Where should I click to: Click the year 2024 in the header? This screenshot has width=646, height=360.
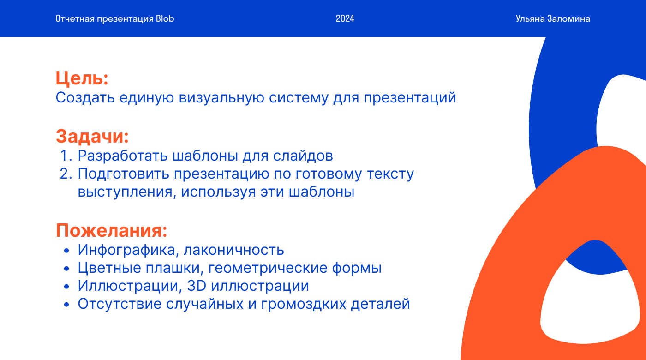[x=345, y=19]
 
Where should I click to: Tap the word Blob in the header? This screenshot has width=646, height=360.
[x=165, y=19]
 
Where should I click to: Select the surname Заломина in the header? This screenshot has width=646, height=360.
[x=568, y=19]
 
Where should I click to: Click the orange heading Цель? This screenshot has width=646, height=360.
[x=82, y=78]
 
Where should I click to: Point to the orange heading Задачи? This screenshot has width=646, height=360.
[x=92, y=136]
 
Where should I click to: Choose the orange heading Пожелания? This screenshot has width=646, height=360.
[x=112, y=230]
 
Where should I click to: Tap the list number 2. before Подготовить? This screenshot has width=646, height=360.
[x=66, y=174]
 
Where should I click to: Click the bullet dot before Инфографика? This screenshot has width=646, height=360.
[x=66, y=251]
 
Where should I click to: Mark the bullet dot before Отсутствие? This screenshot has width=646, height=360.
[x=66, y=305]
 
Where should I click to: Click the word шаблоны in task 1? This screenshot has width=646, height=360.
[x=205, y=156]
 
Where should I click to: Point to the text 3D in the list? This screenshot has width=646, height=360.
[x=197, y=286]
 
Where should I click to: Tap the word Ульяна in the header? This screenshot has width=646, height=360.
[x=530, y=19]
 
